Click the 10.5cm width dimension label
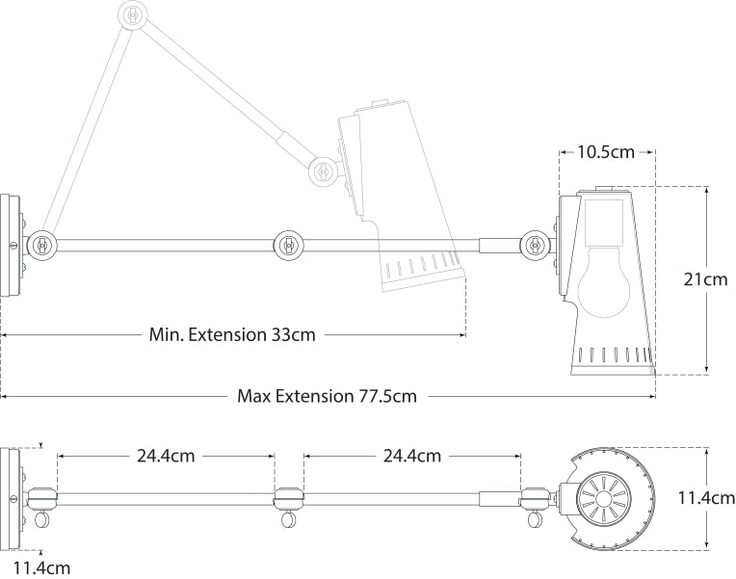click(607, 151)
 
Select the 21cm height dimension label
click(704, 279)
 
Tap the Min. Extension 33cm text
click(232, 335)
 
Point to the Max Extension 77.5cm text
click(327, 396)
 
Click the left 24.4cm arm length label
click(165, 455)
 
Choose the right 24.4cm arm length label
click(412, 455)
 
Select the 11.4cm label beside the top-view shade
click(705, 498)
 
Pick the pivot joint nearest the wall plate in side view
click(42, 245)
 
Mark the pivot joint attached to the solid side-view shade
click(535, 245)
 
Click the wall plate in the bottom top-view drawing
click(9, 498)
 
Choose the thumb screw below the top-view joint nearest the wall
click(43, 520)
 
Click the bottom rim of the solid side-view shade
click(612, 369)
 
